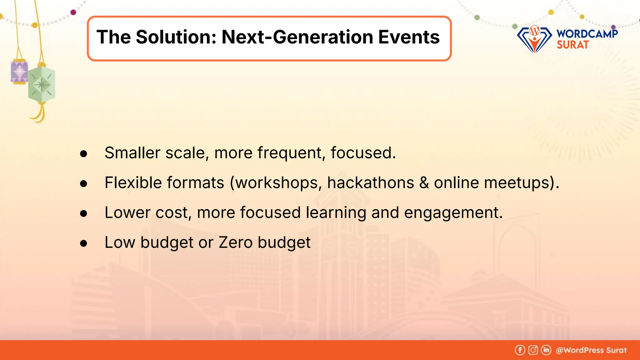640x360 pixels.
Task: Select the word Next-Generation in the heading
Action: point(297,37)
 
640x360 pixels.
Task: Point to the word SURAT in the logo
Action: point(572,45)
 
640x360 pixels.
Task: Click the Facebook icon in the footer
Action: point(520,350)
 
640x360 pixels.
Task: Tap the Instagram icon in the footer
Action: point(533,350)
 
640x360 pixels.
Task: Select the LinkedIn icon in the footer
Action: point(546,350)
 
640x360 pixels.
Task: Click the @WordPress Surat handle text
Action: point(591,350)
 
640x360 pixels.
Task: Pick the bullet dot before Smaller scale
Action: point(83,154)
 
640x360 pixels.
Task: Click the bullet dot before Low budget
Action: point(83,243)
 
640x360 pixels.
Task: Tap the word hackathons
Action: point(370,183)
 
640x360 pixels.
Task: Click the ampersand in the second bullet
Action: point(424,183)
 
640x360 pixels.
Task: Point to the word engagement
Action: point(453,213)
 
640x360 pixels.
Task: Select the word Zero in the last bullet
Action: point(235,242)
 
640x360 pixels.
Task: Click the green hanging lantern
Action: point(42,84)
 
